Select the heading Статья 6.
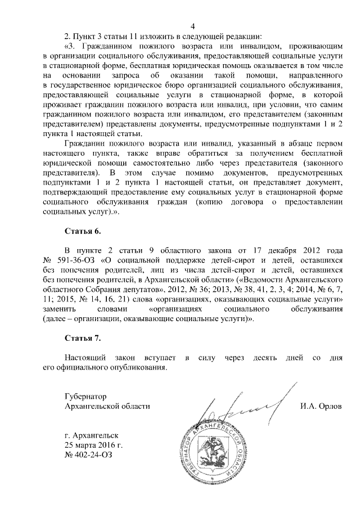[84, 231]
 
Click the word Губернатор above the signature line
[85, 395]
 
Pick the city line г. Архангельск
[92, 435]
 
